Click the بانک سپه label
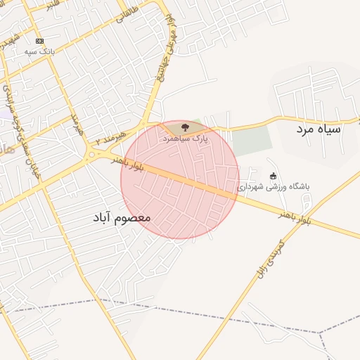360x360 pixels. tap(40, 52)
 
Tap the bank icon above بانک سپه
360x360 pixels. tap(39, 41)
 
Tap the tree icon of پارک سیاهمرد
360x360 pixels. tap(185, 127)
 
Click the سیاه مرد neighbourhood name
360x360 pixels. tap(319, 129)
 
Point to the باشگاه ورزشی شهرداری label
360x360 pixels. tap(274, 187)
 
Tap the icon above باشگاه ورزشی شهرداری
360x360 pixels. tap(274, 176)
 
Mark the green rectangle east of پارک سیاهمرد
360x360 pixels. tap(251, 141)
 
